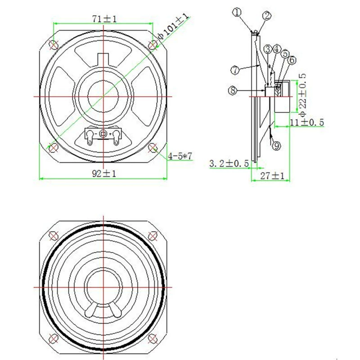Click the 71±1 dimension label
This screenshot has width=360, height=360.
(104, 18)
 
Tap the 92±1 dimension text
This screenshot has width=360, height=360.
(104, 174)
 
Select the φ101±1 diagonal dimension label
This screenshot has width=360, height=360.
(174, 27)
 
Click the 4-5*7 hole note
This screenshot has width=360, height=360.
(180, 156)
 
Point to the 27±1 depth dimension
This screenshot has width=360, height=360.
(272, 176)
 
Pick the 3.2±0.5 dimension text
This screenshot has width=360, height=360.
(229, 163)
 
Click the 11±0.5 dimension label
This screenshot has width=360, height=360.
(307, 122)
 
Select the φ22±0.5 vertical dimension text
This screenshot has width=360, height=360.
(303, 94)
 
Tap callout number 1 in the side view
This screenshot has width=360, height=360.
(237, 12)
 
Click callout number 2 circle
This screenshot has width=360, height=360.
(266, 16)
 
